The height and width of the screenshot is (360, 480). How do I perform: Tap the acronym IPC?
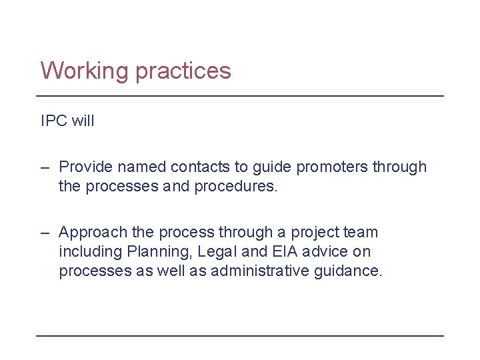[53, 121]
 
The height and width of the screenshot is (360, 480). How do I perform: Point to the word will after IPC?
[82, 121]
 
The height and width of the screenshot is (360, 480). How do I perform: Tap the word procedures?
[235, 186]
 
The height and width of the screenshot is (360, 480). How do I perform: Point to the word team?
[361, 233]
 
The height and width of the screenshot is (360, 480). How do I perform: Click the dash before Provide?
[45, 167]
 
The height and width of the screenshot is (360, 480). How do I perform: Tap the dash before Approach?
[45, 233]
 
